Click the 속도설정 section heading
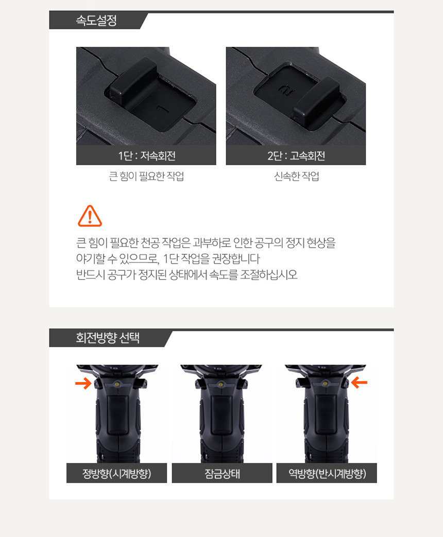(96, 21)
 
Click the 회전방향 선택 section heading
(108, 338)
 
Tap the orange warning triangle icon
(90, 216)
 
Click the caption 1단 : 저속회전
(147, 156)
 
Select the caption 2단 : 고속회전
(296, 156)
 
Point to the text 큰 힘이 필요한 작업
(146, 177)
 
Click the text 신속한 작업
(296, 177)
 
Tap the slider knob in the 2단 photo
(316, 103)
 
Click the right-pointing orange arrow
(83, 383)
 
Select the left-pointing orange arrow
(359, 383)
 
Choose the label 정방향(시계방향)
(116, 474)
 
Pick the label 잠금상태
(222, 474)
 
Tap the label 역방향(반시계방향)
(327, 474)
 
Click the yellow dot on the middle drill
(221, 385)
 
